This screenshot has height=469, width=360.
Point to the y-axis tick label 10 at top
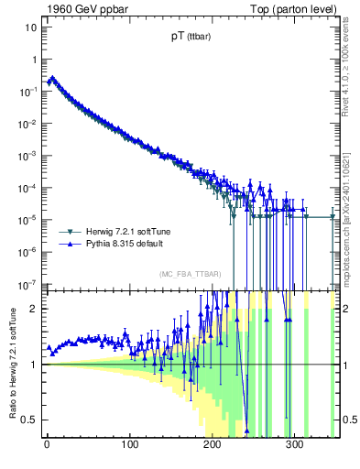(29, 27)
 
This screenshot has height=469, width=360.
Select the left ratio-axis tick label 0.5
(28, 420)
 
